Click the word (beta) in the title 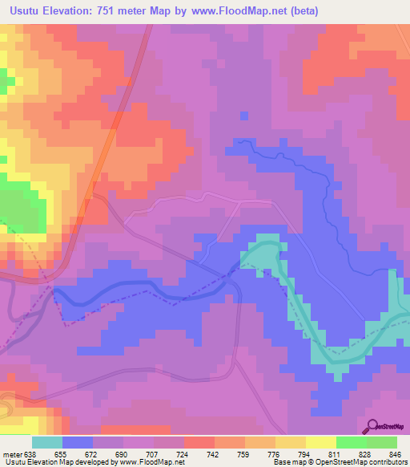(x=303, y=11)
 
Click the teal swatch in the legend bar (x=46, y=442)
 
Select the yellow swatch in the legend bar (x=320, y=442)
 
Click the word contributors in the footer (x=388, y=462)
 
